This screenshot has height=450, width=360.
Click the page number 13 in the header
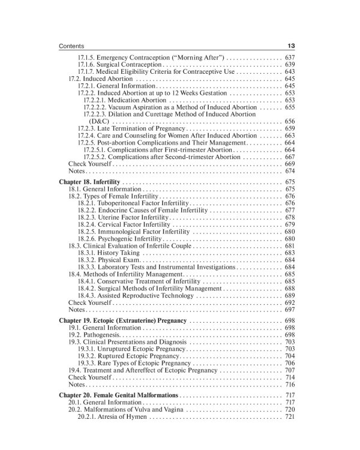290,46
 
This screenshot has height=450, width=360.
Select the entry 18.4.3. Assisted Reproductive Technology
135,296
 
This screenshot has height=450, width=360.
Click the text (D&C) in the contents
100,121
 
